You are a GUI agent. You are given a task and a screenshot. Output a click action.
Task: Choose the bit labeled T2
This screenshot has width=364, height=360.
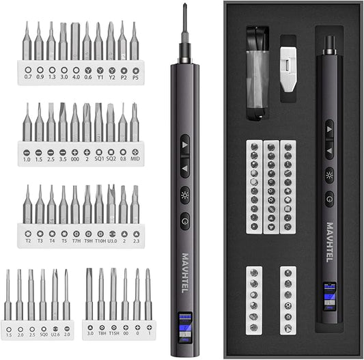tap(27, 206)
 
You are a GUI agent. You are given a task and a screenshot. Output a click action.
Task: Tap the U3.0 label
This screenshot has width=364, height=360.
tap(111, 232)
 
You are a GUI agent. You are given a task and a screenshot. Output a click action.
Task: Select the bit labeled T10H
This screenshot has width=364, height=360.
tap(99, 206)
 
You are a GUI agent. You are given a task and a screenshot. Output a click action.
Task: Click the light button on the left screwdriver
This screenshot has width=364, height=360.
tap(185, 193)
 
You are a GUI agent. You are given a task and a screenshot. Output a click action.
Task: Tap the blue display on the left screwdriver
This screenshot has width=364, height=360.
tap(184, 321)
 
